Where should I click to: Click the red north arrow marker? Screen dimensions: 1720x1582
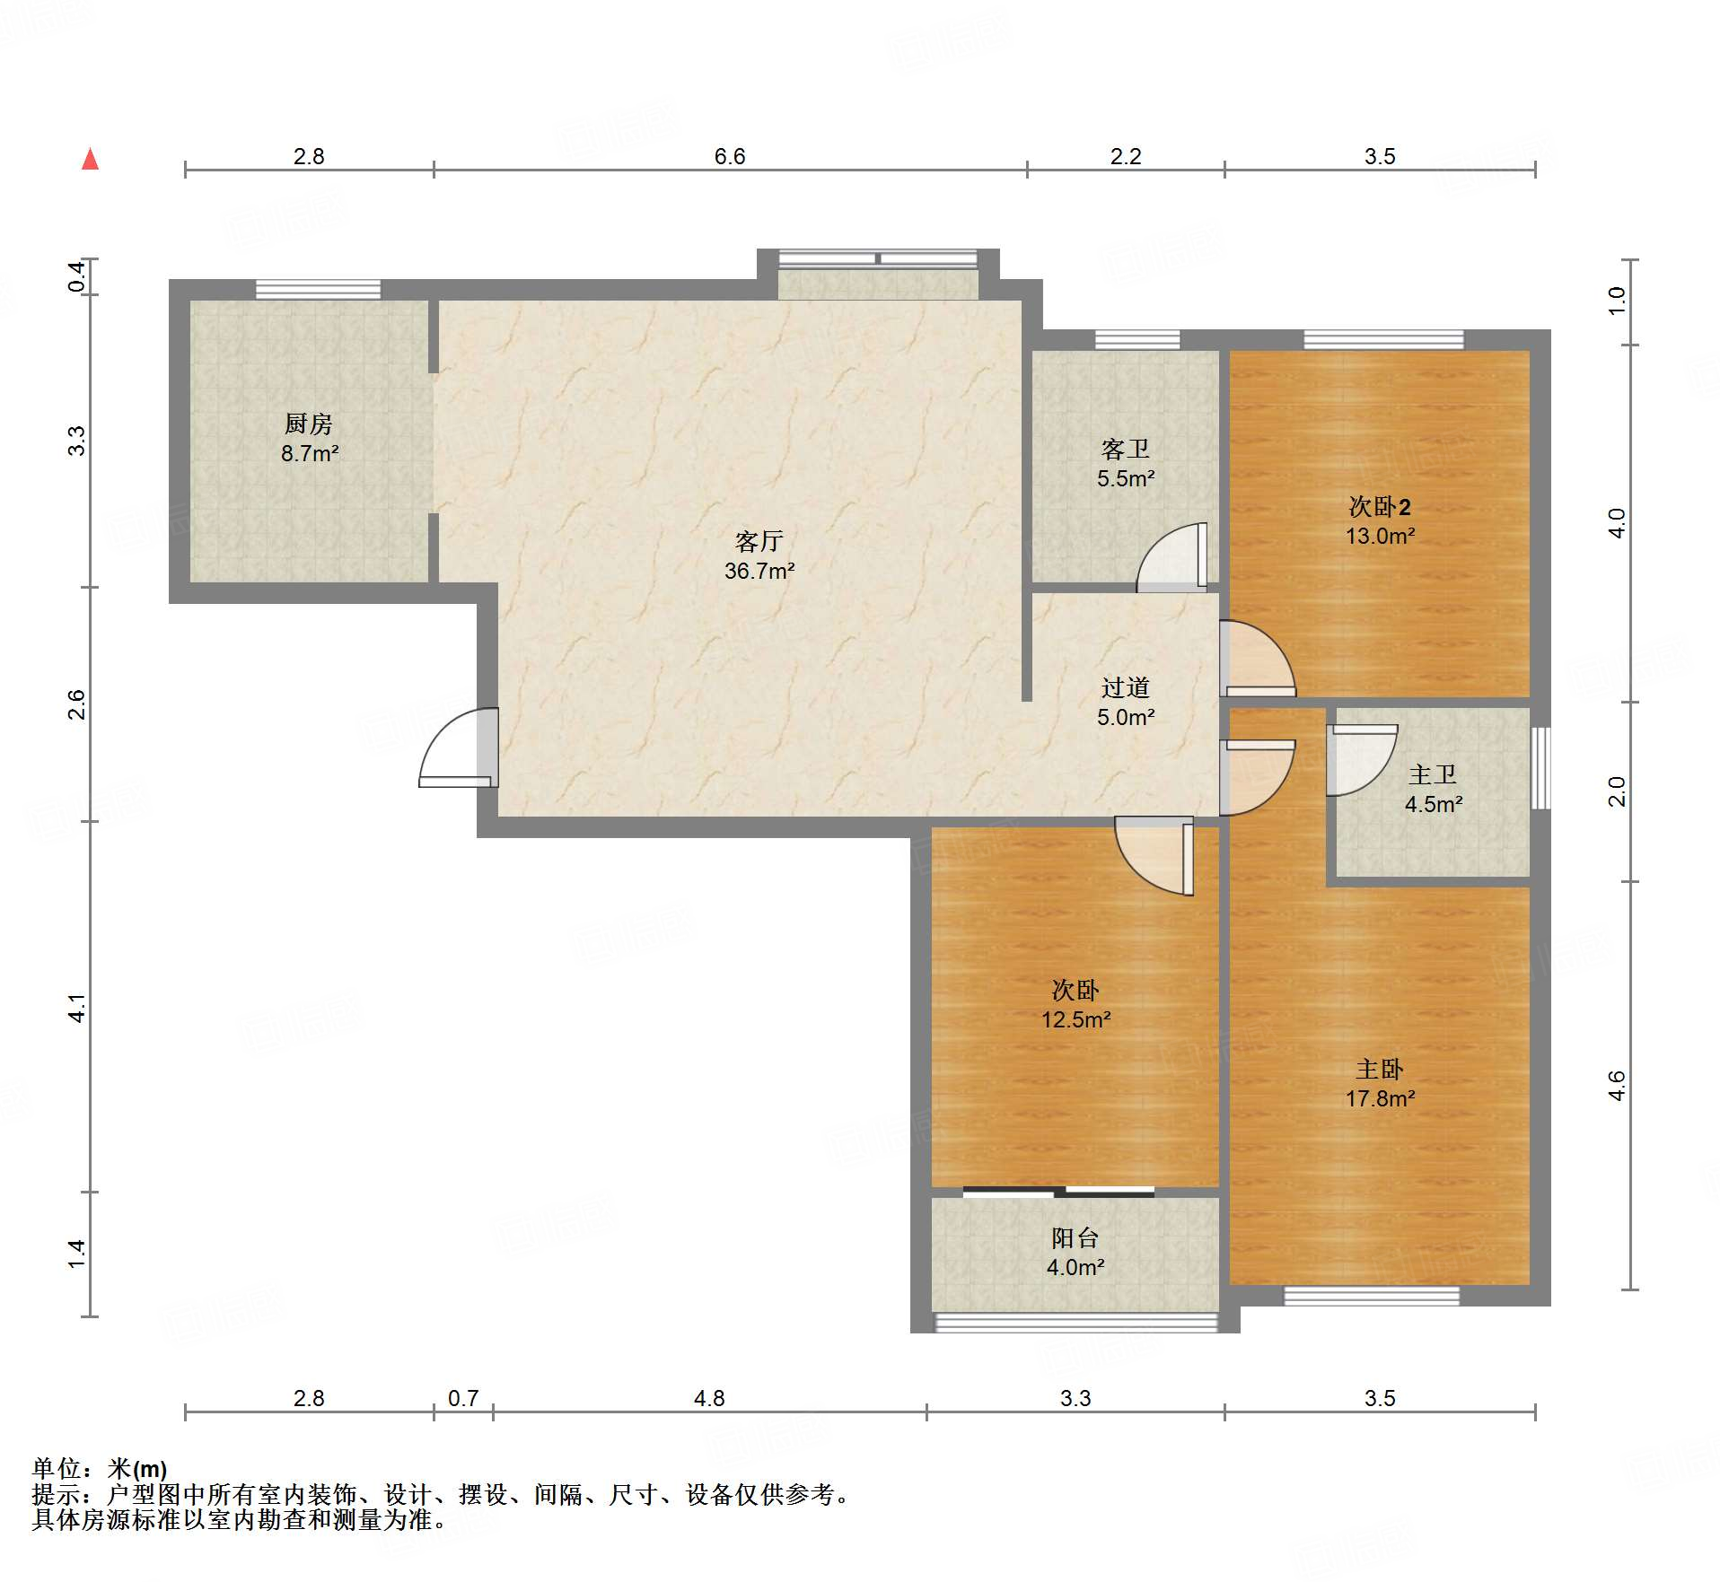[90, 159]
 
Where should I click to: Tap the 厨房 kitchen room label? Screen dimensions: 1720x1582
[308, 424]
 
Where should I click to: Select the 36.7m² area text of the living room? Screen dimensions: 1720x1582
[759, 571]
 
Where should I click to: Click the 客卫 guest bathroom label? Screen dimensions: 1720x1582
[1125, 449]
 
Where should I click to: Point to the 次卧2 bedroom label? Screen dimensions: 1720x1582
[1380, 507]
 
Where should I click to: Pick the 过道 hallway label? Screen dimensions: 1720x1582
[1125, 687]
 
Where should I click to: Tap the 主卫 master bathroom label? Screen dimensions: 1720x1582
[1432, 774]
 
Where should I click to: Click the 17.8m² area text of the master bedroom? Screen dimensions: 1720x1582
[1380, 1098]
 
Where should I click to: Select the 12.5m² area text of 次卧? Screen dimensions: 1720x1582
[1075, 1019]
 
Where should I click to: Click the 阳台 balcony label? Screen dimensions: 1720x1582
[1075, 1238]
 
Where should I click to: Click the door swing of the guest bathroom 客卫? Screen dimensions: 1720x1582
[1172, 557]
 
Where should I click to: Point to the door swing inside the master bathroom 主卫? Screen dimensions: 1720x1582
[1362, 759]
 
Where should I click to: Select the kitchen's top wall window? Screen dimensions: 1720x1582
[318, 289]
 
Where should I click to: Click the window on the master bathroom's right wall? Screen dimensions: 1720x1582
[1540, 768]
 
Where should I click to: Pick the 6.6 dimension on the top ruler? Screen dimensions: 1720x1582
[730, 156]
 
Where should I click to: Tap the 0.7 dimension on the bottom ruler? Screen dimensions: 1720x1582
[463, 1398]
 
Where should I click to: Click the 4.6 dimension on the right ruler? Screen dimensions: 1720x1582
[1616, 1086]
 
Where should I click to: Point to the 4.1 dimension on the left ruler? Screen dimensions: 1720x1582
[77, 1008]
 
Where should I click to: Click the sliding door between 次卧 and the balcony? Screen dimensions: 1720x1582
[1059, 1192]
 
